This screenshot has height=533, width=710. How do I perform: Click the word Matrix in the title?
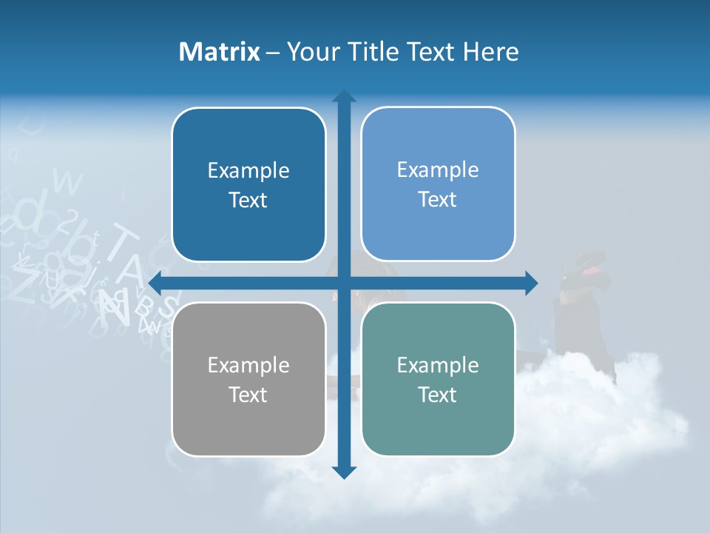pos(220,52)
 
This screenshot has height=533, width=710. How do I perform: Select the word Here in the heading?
pos(490,52)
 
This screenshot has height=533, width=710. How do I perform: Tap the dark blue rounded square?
pos(248,185)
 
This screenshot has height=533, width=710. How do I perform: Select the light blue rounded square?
pos(438,184)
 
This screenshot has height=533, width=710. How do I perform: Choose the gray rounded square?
pos(248,379)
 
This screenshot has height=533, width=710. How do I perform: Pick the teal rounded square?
pos(438,379)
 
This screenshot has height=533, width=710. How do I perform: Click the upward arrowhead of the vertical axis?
pos(344,97)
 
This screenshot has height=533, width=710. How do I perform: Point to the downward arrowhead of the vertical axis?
pos(344,472)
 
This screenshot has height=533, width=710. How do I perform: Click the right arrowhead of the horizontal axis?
pos(531,283)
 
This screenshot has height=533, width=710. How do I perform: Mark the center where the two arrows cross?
pos(344,283)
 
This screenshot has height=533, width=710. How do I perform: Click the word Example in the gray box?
pos(248,365)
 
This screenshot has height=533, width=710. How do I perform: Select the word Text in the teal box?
pos(438,395)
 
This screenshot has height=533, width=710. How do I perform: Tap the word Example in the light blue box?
pos(438,170)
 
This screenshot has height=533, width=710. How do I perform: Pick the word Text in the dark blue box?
pos(248,200)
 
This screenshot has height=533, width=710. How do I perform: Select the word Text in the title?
pos(430,52)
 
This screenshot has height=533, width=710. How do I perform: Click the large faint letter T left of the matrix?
pos(124,244)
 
